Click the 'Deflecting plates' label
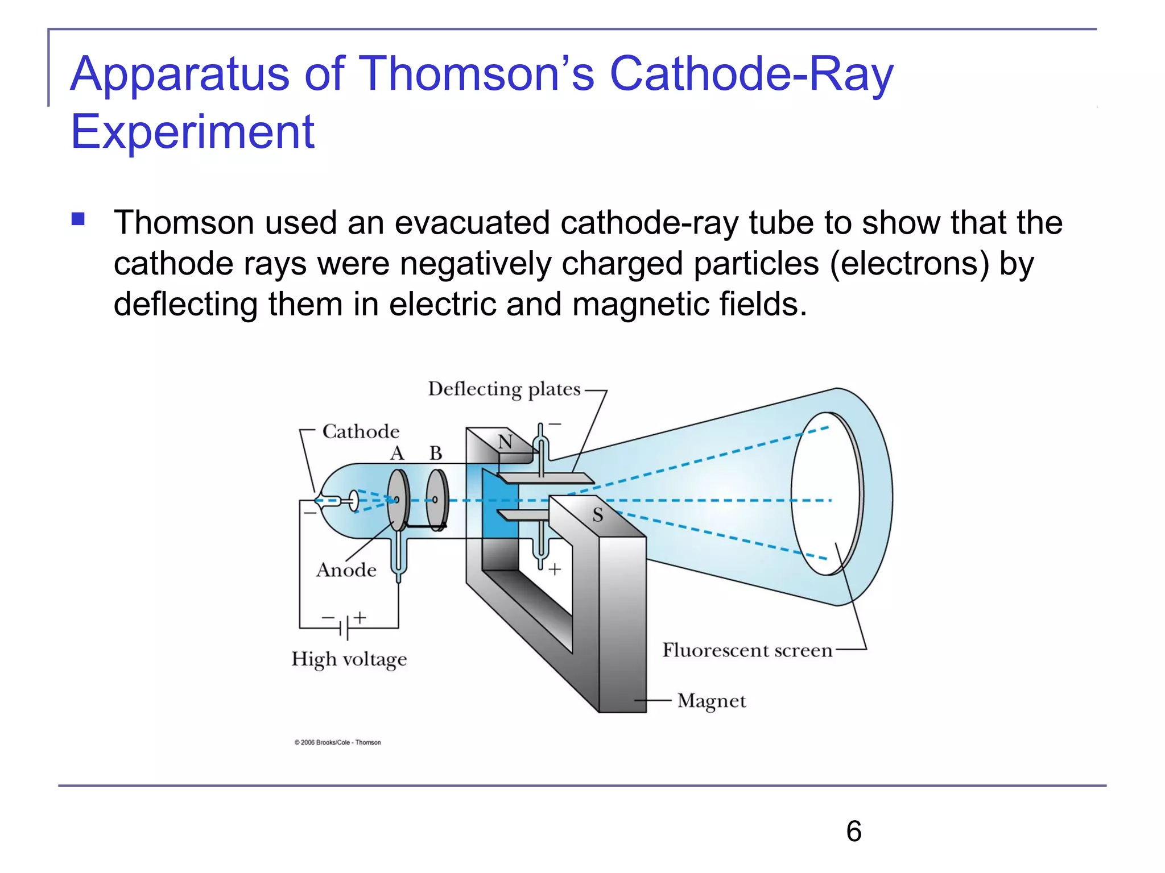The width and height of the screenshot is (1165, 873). coord(504,389)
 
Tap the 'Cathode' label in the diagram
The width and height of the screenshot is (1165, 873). coord(361,431)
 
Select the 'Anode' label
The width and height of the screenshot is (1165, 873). coord(346,569)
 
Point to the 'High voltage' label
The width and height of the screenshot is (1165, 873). coord(349,659)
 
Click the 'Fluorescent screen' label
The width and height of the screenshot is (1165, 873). coord(747,650)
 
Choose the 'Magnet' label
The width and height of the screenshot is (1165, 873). coord(711,701)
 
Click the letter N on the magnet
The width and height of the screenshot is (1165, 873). coord(505,442)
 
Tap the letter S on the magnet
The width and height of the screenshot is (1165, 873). coord(597,515)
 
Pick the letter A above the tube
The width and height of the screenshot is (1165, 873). coord(397,454)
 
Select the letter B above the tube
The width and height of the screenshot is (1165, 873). coord(436,454)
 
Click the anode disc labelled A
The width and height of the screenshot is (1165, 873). coord(398,500)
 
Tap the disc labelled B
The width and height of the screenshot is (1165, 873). coord(437,500)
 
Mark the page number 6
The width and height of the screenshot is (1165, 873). coord(853,832)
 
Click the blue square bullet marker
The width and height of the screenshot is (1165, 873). coord(78,219)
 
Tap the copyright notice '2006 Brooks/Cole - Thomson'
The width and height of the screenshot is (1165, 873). coord(338,742)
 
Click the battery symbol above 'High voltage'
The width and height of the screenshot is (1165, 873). coord(345,626)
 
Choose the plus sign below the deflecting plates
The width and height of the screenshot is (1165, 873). coord(555,568)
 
